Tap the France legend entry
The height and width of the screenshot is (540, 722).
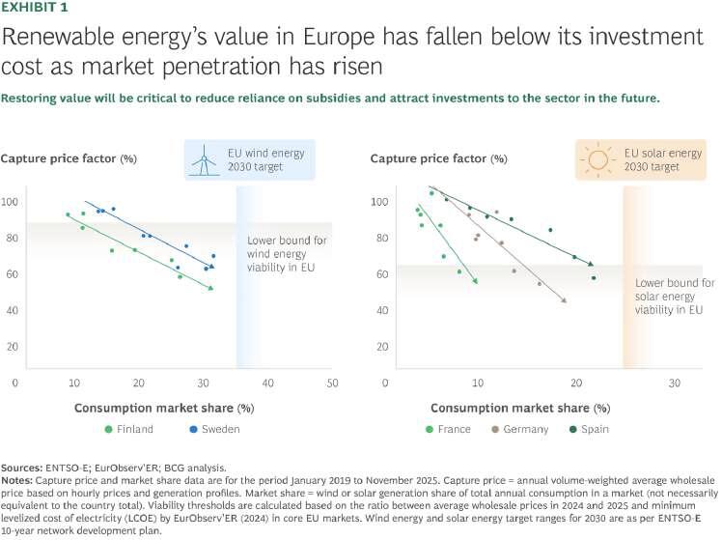(x=453, y=429)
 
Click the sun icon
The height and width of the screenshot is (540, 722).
(x=595, y=158)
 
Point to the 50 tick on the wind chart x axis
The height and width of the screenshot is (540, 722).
(x=331, y=384)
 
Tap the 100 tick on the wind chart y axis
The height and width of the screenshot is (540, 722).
(x=10, y=202)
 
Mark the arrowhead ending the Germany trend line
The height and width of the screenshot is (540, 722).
(x=564, y=301)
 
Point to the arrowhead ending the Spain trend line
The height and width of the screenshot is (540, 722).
(x=590, y=264)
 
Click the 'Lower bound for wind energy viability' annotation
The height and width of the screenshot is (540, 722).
(x=282, y=253)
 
